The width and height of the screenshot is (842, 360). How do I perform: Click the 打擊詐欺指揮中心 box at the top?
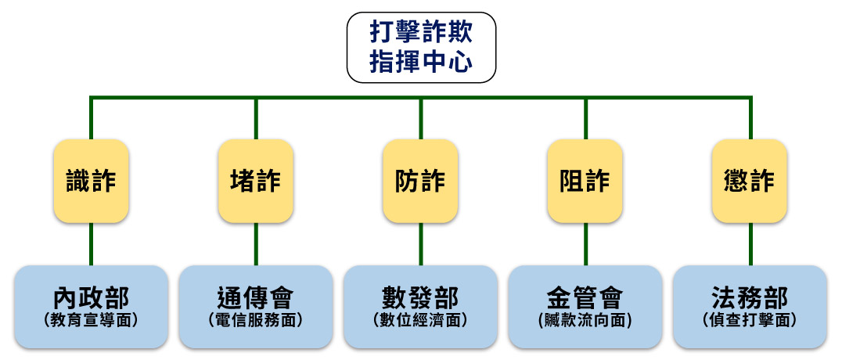[421, 48]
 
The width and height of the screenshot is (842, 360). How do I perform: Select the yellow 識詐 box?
[92, 181]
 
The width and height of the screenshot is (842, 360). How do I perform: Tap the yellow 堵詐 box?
[256, 181]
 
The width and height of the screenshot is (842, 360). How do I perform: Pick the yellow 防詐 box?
[421, 181]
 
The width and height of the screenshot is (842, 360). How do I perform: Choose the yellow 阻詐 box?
[585, 181]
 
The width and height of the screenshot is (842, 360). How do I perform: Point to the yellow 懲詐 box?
[750, 181]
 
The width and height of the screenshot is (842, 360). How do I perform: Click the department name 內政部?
[92, 298]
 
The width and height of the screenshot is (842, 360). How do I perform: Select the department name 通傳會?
[256, 298]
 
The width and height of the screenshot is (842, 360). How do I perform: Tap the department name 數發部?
[421, 298]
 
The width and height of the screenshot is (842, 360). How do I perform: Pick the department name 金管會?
[585, 298]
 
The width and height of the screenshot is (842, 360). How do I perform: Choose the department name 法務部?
[750, 298]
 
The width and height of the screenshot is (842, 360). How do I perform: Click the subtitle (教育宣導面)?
[92, 319]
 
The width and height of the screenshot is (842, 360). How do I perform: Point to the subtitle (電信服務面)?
[256, 319]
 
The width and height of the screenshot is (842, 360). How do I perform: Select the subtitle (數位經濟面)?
[421, 319]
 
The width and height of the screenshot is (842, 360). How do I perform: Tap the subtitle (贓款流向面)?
[585, 319]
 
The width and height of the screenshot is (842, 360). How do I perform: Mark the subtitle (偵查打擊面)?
[750, 319]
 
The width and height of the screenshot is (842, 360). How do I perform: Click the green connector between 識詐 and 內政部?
[92, 244]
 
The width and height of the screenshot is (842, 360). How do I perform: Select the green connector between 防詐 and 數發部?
[421, 244]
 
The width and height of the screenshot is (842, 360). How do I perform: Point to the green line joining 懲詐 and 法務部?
[750, 244]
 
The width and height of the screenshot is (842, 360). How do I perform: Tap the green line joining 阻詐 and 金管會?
[585, 244]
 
